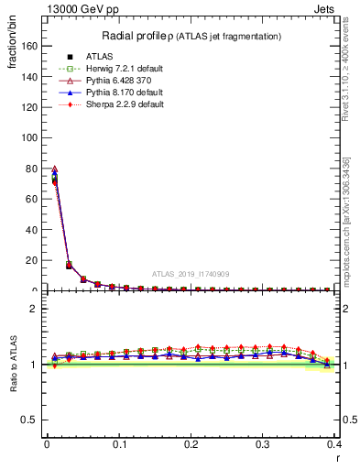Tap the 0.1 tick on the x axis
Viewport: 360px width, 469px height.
tap(119, 444)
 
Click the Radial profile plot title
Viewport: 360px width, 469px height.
tap(191, 36)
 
